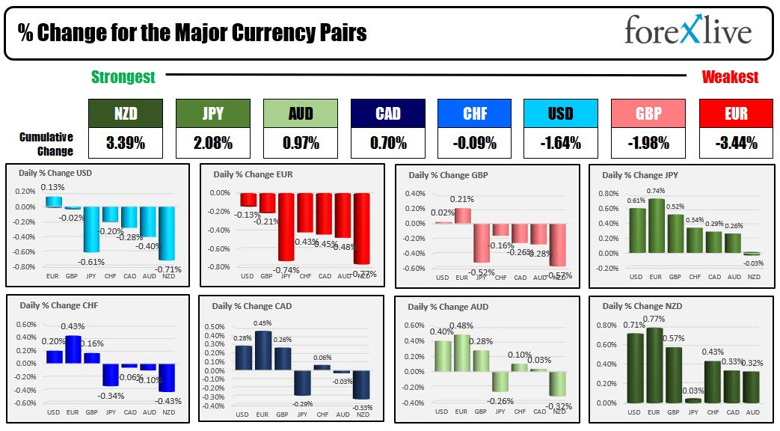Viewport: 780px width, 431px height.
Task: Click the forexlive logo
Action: click(x=687, y=32)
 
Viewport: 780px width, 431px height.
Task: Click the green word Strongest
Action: click(x=123, y=77)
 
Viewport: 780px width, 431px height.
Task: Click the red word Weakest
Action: click(x=730, y=77)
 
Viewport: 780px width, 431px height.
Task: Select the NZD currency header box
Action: click(x=124, y=114)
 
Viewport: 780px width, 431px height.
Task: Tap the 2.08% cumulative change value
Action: click(x=211, y=142)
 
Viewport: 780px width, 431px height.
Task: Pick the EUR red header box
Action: click(x=736, y=114)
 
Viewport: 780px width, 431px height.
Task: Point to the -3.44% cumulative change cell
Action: click(x=736, y=142)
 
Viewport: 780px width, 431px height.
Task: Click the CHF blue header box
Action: click(x=474, y=114)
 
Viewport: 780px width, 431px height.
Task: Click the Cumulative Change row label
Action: click(x=46, y=144)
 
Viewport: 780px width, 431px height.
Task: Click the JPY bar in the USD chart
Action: click(x=91, y=229)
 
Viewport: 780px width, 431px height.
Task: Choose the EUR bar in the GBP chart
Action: click(x=463, y=215)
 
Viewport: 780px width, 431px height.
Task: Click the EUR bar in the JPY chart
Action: click(x=656, y=226)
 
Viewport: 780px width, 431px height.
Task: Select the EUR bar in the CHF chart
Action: click(x=74, y=349)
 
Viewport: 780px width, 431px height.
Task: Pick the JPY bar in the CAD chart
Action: click(x=301, y=383)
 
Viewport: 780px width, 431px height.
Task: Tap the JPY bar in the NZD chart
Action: click(x=694, y=400)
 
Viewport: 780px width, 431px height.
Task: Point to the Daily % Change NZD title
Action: click(x=642, y=306)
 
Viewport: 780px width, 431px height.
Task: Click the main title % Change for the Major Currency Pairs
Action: click(x=192, y=34)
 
